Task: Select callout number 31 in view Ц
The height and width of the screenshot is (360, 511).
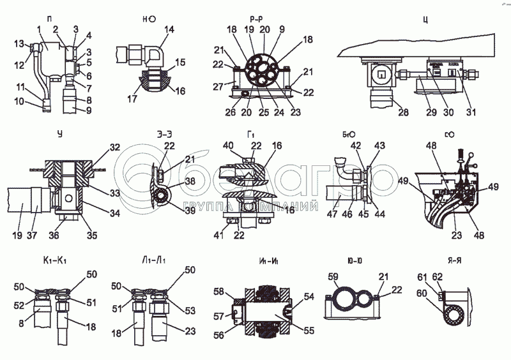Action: [x=471, y=113]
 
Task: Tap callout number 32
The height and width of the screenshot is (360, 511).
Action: [x=114, y=148]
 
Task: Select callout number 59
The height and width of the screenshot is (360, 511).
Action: [x=332, y=277]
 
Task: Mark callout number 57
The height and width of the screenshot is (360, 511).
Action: [x=219, y=315]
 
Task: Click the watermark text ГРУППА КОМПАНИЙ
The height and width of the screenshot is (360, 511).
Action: [x=252, y=207]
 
